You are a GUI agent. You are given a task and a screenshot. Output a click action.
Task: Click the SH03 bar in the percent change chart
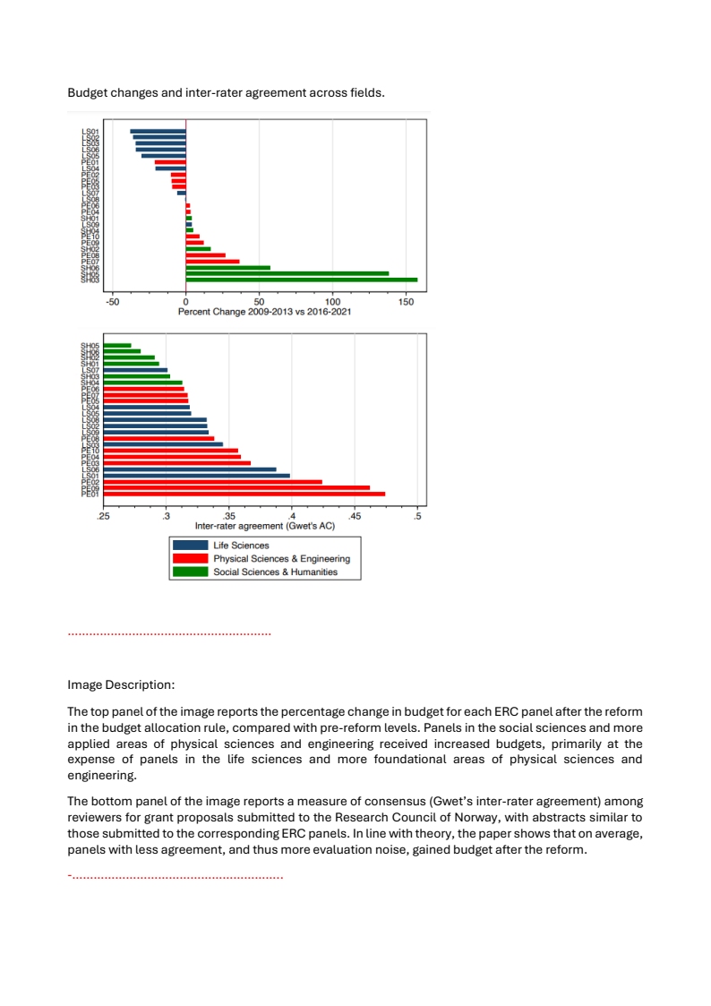click(x=301, y=279)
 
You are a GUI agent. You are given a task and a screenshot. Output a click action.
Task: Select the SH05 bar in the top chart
click(x=287, y=273)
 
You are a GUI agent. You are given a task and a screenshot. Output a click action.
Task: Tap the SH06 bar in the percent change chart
click(x=227, y=267)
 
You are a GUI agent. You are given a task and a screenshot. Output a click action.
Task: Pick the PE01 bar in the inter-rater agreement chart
click(x=244, y=494)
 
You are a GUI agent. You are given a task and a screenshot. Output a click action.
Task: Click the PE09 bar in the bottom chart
click(x=236, y=487)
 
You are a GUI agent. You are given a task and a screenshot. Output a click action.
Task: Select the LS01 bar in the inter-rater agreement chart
click(x=196, y=475)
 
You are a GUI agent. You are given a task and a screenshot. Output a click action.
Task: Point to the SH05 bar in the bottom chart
click(x=117, y=345)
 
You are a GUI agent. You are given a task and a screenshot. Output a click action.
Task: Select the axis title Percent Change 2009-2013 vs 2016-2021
click(x=264, y=312)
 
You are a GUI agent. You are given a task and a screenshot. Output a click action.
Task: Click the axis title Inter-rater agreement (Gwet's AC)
click(x=264, y=526)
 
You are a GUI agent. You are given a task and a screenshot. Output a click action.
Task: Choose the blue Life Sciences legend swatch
click(x=190, y=545)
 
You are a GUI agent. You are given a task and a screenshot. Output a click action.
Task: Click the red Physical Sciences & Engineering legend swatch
click(x=190, y=558)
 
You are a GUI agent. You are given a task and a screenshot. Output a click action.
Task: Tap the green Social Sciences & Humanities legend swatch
click(x=190, y=572)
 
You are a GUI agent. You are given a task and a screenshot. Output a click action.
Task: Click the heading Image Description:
click(x=121, y=684)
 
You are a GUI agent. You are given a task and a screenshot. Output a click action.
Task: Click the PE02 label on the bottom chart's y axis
click(x=90, y=482)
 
